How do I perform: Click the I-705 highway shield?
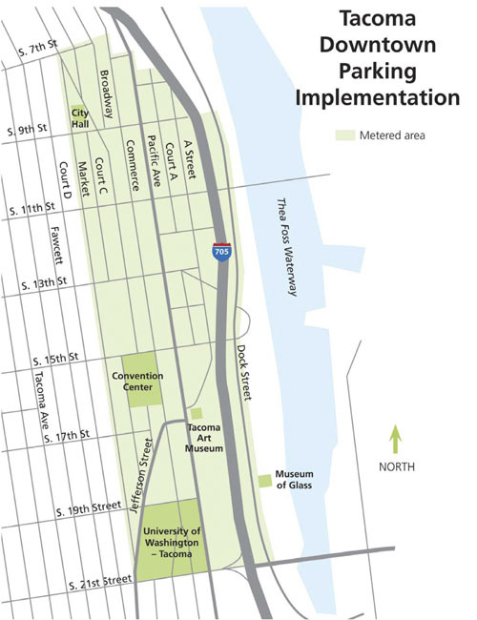point(220,251)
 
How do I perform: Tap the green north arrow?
point(396,441)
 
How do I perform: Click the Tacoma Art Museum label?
point(205,437)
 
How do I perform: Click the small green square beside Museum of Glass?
point(264,480)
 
